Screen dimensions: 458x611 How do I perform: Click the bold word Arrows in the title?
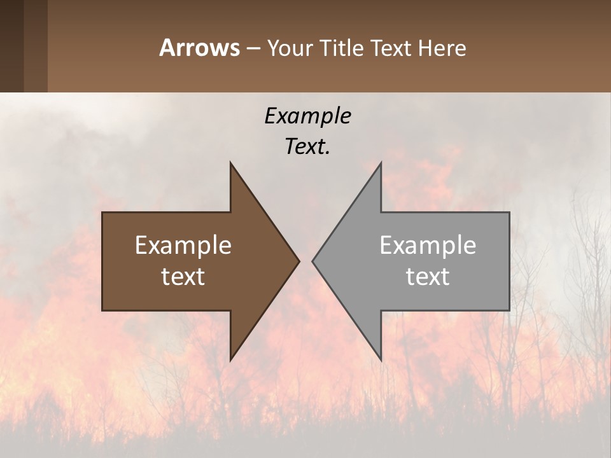tap(199, 48)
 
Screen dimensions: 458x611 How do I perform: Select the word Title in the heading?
tap(343, 48)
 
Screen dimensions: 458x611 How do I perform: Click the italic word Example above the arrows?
tap(307, 116)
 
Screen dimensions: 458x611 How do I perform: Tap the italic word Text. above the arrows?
tap(307, 146)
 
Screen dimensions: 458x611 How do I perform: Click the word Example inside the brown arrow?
tap(183, 246)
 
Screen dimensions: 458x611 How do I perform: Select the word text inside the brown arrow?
tap(183, 277)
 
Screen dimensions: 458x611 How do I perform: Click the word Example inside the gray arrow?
tap(428, 246)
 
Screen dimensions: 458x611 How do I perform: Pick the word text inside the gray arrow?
tap(428, 277)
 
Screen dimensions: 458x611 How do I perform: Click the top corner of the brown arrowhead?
tap(231, 163)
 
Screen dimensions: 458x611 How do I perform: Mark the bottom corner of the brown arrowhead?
tap(231, 359)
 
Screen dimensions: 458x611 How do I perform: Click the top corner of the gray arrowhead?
tap(381, 163)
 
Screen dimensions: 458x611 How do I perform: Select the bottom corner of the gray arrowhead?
tap(381, 359)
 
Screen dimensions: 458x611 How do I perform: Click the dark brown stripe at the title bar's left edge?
tap(11, 46)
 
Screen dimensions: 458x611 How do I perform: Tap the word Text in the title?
tap(393, 48)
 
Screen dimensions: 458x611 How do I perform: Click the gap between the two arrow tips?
tap(306, 261)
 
